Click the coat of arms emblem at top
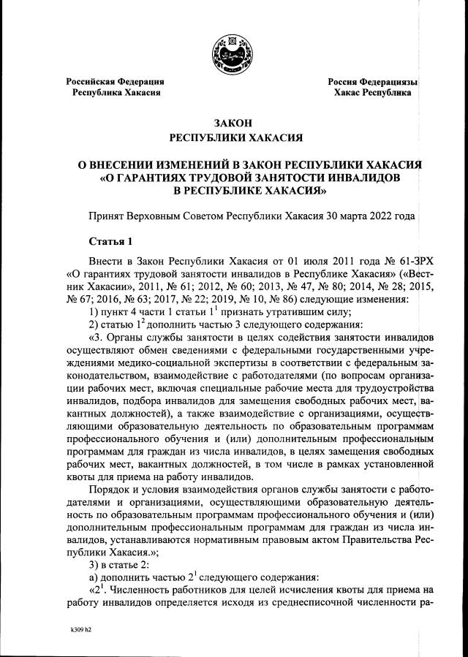click(x=233, y=53)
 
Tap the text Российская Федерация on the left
click(x=115, y=82)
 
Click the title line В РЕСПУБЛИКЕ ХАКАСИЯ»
click(x=249, y=189)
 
